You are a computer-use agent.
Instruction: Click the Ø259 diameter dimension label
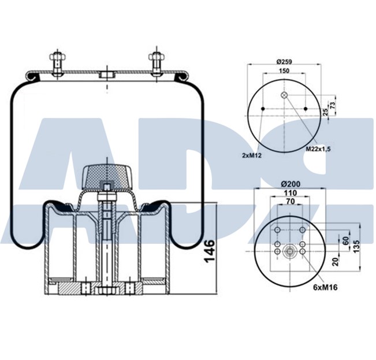pyautogui.click(x=283, y=61)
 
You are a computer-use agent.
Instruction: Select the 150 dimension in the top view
pyautogui.click(x=283, y=71)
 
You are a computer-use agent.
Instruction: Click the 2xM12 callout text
pyautogui.click(x=252, y=155)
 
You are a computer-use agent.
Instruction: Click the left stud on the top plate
pyautogui.click(x=57, y=64)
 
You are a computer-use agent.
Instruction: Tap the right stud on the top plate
pyautogui.click(x=156, y=64)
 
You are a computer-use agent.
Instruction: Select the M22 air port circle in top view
pyautogui.click(x=284, y=95)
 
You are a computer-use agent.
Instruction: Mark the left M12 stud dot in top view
pyautogui.click(x=262, y=109)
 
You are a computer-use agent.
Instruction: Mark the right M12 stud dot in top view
pyautogui.click(x=304, y=109)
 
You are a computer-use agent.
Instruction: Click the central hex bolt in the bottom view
pyautogui.click(x=290, y=250)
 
